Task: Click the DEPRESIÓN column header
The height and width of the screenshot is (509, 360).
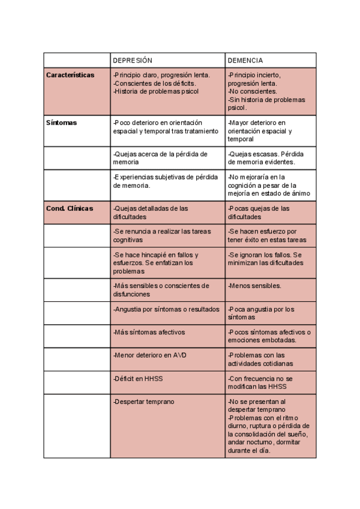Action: (x=133, y=61)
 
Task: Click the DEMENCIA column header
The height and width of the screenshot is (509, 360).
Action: (x=245, y=61)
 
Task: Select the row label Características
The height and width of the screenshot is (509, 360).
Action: (x=70, y=75)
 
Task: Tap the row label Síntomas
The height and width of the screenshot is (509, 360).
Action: (x=62, y=122)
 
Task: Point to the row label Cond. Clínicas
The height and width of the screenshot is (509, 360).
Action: (x=70, y=208)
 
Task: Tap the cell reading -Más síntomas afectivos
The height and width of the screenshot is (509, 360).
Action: (x=149, y=332)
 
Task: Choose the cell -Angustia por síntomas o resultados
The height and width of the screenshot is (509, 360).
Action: (x=166, y=309)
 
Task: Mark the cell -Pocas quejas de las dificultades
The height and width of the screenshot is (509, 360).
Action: (x=259, y=212)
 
